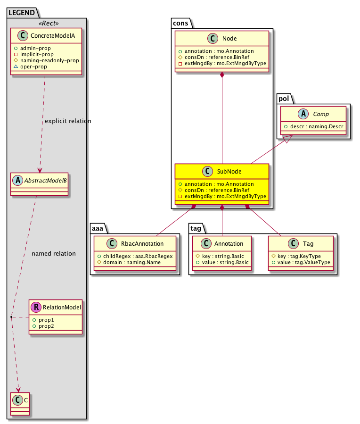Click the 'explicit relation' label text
[68, 121]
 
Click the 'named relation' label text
[54, 253]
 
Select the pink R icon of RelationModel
[36, 308]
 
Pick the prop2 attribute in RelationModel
[46, 326]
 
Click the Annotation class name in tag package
[229, 244]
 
